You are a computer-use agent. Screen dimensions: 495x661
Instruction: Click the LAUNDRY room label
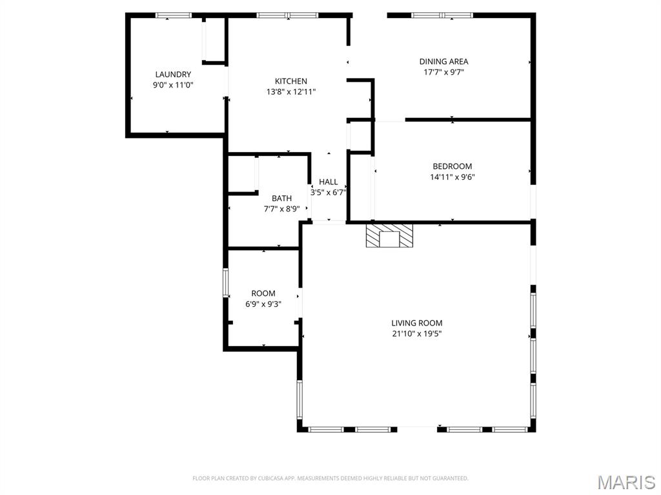pos(173,74)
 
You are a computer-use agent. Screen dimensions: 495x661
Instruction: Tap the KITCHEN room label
pos(291,81)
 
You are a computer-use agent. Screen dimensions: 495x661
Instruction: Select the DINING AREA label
pos(443,62)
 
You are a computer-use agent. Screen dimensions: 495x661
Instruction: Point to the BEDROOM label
pos(452,166)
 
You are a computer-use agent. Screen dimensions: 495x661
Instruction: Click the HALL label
pos(329,182)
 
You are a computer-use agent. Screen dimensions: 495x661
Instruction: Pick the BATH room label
pos(281,199)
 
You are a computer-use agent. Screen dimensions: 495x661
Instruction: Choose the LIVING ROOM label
pos(417,323)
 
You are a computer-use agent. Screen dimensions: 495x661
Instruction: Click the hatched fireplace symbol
pos(389,235)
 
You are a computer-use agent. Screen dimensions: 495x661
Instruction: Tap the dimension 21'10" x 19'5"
pos(417,334)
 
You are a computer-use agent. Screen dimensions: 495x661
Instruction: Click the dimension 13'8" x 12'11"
pos(291,92)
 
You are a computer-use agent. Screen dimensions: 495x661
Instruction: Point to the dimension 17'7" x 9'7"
pos(443,72)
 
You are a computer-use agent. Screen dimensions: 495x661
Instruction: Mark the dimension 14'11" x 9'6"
pos(453,177)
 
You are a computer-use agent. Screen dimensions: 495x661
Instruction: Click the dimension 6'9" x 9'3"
pos(263,304)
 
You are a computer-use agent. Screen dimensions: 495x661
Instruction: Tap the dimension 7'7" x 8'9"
pos(281,209)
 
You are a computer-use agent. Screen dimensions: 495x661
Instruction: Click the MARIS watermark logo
pos(625,482)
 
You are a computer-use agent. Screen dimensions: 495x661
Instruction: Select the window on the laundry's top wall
pos(174,15)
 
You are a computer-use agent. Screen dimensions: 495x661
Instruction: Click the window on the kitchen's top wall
pos(287,15)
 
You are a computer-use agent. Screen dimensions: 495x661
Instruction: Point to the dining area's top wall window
pos(442,15)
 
